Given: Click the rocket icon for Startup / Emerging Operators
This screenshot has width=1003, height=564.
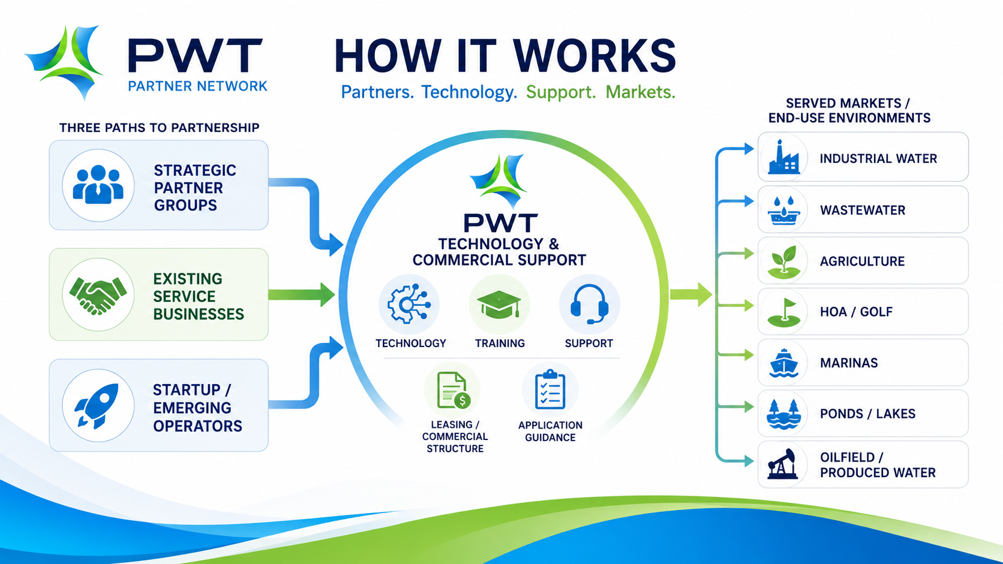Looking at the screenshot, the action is tap(97, 406).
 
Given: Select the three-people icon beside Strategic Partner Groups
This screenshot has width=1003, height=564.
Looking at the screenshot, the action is tap(98, 185).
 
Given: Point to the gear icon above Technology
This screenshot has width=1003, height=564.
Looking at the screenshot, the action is tap(409, 304).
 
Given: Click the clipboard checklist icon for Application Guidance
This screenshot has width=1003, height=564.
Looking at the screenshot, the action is tap(550, 390).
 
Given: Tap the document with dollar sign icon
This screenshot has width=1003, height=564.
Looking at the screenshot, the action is tap(453, 390).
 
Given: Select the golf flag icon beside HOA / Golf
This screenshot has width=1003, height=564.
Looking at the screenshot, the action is tap(783, 312).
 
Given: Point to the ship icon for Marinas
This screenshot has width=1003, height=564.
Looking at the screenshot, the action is tap(783, 363).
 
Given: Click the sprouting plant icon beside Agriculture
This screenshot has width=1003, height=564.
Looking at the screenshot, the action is tap(783, 262).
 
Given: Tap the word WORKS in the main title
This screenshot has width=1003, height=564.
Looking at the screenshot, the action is tap(594, 56).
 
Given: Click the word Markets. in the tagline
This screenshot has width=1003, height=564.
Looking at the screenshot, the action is tap(640, 92).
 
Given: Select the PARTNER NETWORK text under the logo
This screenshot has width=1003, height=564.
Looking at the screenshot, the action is tap(197, 86).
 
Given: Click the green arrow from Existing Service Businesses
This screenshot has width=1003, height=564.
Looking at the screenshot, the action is tap(302, 294).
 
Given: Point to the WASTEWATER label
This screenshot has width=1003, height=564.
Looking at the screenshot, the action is tap(863, 210).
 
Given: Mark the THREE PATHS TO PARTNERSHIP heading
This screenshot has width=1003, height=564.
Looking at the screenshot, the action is tap(160, 128).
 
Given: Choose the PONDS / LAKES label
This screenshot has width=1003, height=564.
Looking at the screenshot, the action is tap(867, 414).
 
